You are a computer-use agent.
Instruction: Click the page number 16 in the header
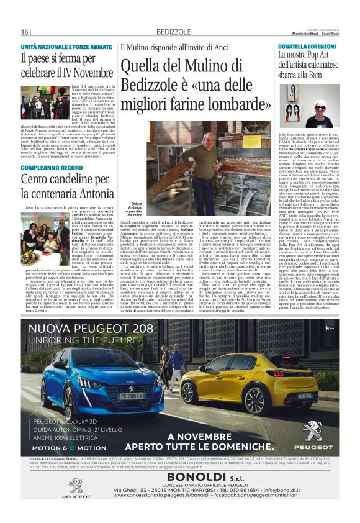click(25, 32)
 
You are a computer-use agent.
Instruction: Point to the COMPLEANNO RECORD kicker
click(51, 168)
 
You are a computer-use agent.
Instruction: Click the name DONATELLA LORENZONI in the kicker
click(306, 47)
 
